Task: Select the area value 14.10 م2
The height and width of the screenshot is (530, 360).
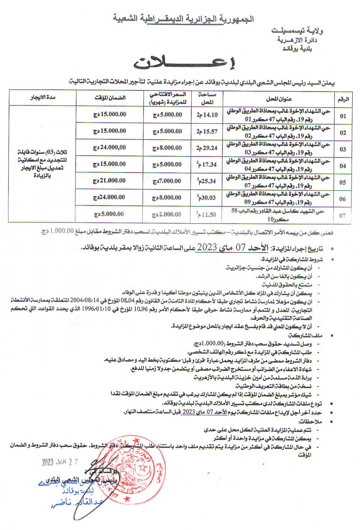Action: pos(205,115)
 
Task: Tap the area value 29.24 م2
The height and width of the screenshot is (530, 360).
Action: pos(205,147)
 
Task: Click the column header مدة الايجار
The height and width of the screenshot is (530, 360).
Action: pos(36,98)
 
